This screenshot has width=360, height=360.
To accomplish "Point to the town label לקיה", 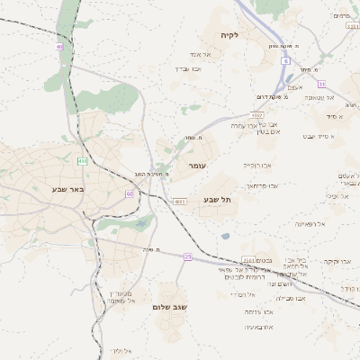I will [x=229, y=35].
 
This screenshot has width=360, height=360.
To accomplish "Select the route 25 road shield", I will [x=187, y=256].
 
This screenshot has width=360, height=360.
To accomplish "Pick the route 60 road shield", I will [x=130, y=193].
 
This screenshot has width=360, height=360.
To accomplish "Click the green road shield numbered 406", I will [x=82, y=161].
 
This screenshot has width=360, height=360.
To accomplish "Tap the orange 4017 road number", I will [x=257, y=115].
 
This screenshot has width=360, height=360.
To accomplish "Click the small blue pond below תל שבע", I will [x=225, y=236].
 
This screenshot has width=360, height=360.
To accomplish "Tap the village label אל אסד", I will [x=200, y=54].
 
